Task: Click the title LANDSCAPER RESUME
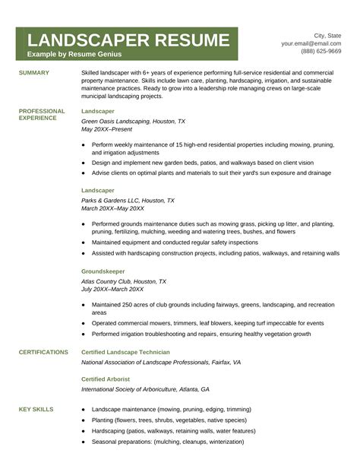127,40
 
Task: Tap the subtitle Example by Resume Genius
74,55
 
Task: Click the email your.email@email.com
311,43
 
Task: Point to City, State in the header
327,35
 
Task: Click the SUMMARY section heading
34,73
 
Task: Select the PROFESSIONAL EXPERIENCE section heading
42,115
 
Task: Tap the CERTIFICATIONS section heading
43,352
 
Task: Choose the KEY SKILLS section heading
36,409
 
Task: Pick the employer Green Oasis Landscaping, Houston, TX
133,121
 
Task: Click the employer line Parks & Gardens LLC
128,201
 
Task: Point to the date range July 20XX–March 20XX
112,289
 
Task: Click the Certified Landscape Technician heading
125,352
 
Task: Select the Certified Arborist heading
106,379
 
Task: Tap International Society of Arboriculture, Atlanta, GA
145,389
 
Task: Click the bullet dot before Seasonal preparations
83,442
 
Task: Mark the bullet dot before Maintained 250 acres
83,305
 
